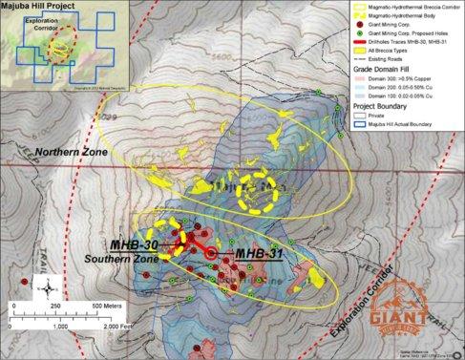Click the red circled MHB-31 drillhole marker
coord(212,253)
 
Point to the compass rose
coord(45,284)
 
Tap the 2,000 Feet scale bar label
coord(122,326)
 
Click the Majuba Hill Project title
coord(40,6)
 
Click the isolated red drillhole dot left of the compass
coord(21,282)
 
